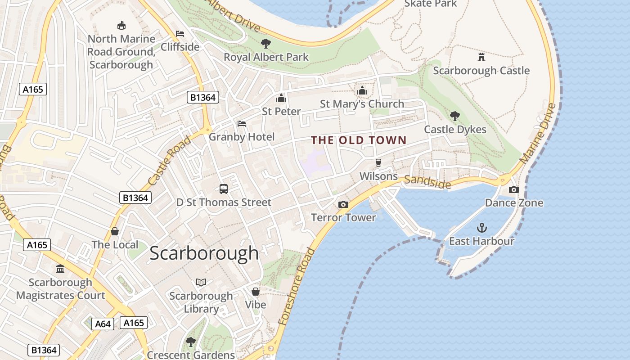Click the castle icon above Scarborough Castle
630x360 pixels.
click(x=481, y=57)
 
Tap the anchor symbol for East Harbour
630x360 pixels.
click(x=482, y=227)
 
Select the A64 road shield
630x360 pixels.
click(x=103, y=324)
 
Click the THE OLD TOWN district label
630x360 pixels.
click(x=359, y=140)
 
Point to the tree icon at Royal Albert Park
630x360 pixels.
click(x=266, y=44)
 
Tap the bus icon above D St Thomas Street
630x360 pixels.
click(x=224, y=189)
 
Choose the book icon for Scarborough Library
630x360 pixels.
click(x=201, y=282)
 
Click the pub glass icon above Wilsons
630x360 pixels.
click(x=378, y=162)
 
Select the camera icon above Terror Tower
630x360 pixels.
click(x=343, y=204)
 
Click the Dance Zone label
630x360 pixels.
click(x=514, y=203)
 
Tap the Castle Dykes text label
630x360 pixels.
click(x=455, y=130)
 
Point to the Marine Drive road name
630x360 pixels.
click(x=537, y=134)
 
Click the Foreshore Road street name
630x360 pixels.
click(x=297, y=286)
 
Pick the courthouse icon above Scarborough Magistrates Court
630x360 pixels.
click(x=60, y=269)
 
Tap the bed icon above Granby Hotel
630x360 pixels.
click(x=242, y=123)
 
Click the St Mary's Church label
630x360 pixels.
click(x=362, y=104)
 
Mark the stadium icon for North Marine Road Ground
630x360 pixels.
click(x=121, y=26)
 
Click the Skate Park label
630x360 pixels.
click(x=431, y=4)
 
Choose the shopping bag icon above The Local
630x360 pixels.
click(x=115, y=231)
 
